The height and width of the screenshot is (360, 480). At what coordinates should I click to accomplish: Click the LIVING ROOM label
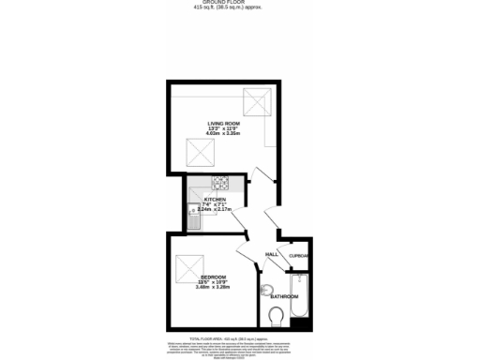point(223,123)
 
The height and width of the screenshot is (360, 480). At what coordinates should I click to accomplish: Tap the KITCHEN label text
point(216,200)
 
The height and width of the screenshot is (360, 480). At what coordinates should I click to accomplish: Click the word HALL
point(272,255)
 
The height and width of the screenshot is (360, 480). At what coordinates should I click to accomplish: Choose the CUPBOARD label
point(299,256)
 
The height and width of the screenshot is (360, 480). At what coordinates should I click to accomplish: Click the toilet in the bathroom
point(277,315)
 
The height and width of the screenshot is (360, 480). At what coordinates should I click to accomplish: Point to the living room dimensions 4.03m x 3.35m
point(223,135)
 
